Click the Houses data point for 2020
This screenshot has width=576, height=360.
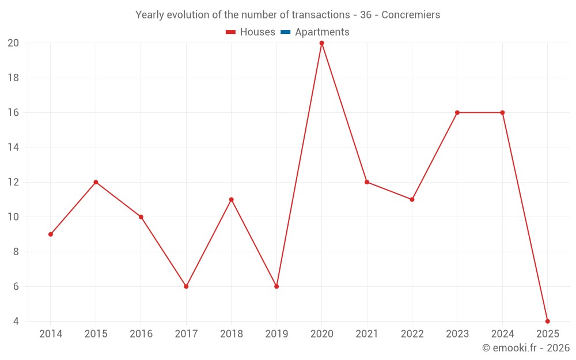click(321, 43)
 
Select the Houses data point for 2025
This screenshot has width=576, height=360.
click(547, 321)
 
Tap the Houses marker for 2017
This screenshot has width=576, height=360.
click(186, 286)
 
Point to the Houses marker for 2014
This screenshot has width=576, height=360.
click(51, 234)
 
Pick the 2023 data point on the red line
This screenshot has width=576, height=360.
click(457, 112)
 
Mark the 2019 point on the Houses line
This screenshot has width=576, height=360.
click(276, 286)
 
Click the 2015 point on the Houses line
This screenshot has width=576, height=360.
click(96, 182)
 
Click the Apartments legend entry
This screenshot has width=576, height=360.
click(322, 32)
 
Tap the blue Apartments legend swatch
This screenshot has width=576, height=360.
click(285, 32)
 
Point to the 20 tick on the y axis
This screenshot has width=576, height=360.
click(13, 43)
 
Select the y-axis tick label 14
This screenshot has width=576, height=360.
click(13, 147)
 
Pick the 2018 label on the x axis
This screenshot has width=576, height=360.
click(232, 334)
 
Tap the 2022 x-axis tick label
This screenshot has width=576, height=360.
click(412, 334)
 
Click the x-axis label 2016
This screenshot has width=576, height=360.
click(141, 334)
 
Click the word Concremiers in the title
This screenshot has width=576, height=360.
click(411, 15)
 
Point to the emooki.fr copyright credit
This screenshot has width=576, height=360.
click(526, 348)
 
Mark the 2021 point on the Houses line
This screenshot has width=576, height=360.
click(367, 182)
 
